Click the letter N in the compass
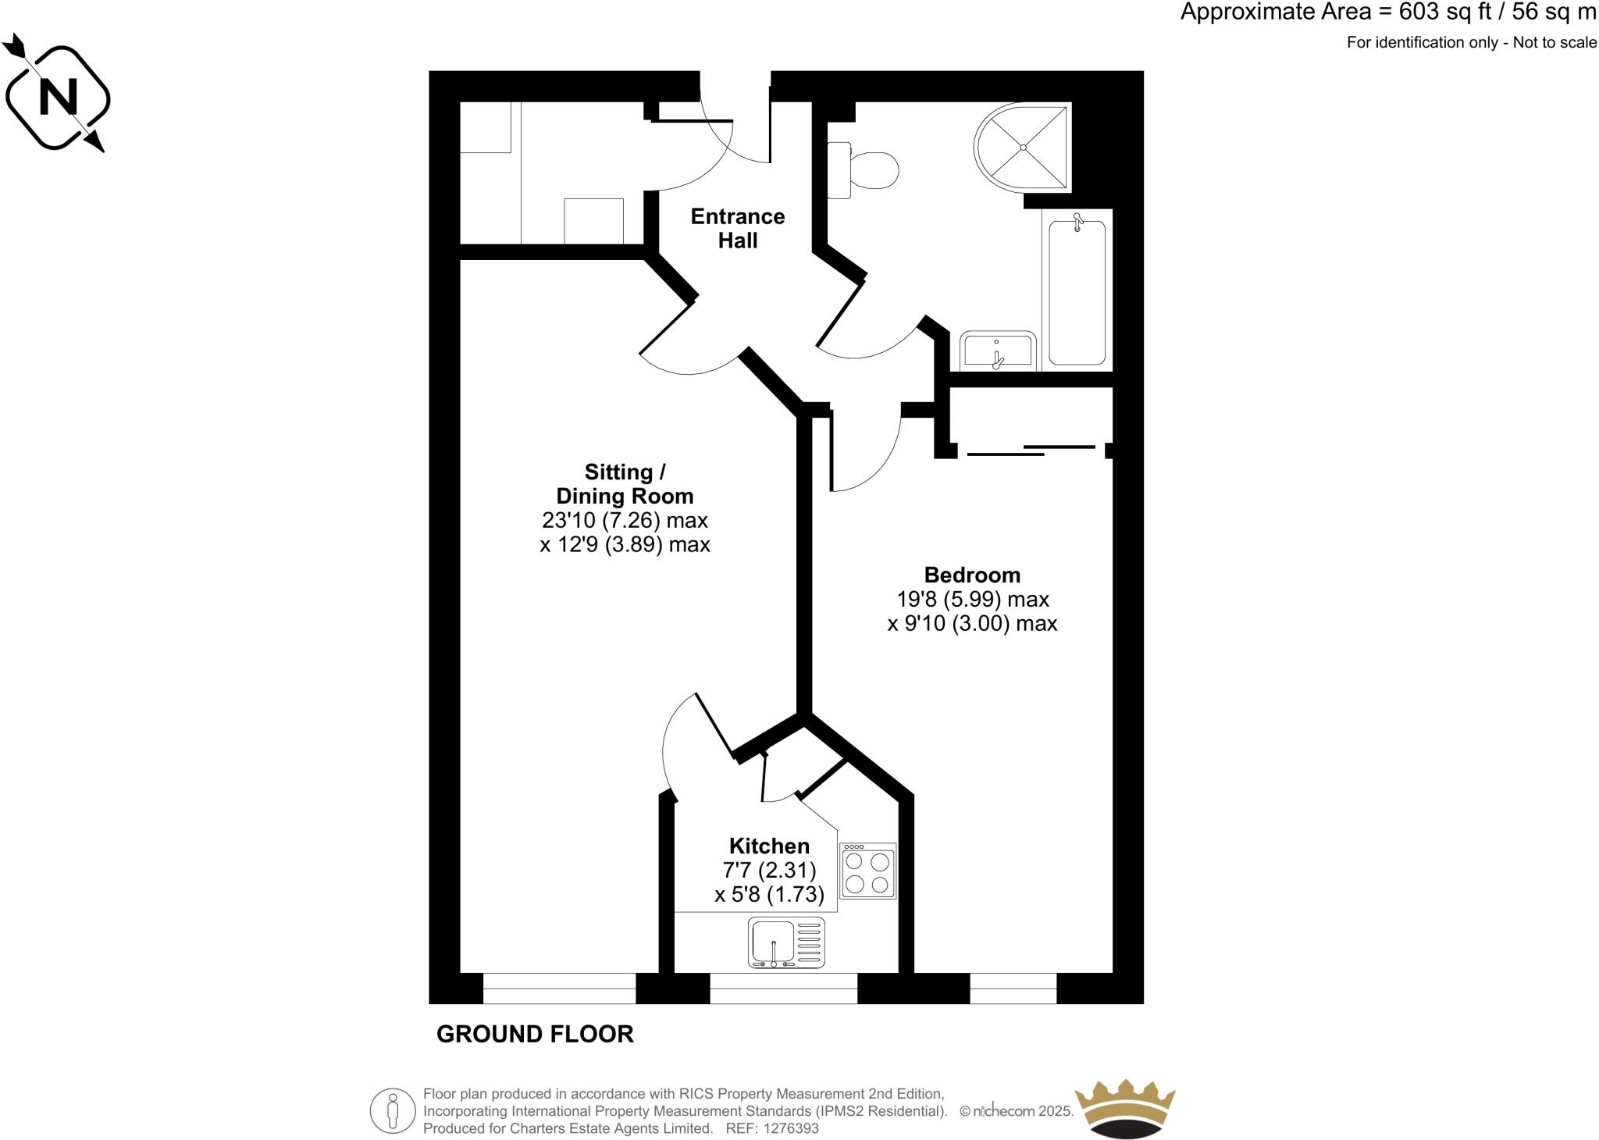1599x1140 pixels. pos(58,98)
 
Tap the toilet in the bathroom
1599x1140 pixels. pos(867,169)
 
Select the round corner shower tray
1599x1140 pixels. pos(1023,147)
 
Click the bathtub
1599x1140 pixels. pos(1077,293)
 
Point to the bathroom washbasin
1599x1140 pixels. pos(998,351)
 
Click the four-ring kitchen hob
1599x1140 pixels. pos(867,871)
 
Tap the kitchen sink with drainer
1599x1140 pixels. pos(785,942)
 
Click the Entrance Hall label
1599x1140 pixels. pos(737,228)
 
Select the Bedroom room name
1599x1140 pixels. pos(972,575)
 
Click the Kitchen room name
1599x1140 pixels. pos(769,846)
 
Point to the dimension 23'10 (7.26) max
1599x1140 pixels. pos(625,520)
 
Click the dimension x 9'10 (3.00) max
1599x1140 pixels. pos(972,624)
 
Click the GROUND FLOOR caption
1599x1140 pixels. pos(535,1034)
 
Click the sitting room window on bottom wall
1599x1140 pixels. pos(559,989)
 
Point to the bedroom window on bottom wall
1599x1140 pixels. pos(1013,989)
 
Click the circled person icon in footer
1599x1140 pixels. pos(393,1110)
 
